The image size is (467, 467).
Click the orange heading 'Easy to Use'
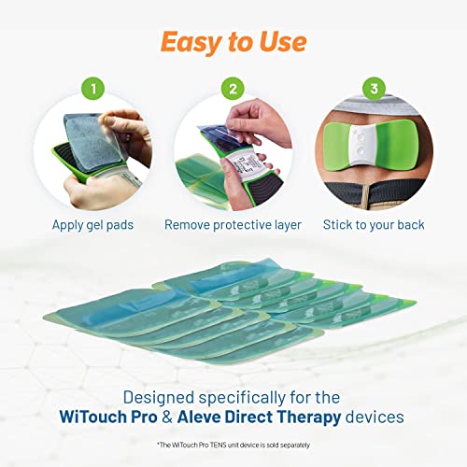233,42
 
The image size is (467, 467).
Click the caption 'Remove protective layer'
233,225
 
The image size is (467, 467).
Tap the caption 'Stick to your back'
374,225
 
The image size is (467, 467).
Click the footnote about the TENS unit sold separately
233,444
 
